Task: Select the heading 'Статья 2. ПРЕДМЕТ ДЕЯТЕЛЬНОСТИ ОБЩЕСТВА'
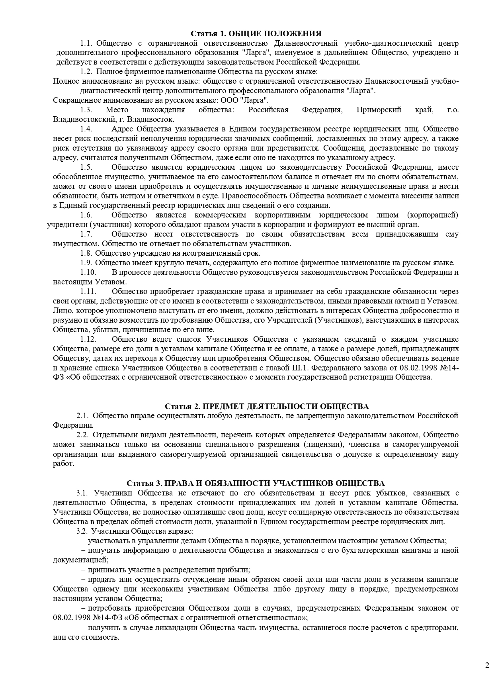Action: tap(267, 406)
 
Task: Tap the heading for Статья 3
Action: tap(256, 483)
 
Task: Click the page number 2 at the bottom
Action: tap(487, 665)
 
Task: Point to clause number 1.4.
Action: tap(86, 129)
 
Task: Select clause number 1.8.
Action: tap(86, 253)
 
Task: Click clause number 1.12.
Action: tap(88, 339)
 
